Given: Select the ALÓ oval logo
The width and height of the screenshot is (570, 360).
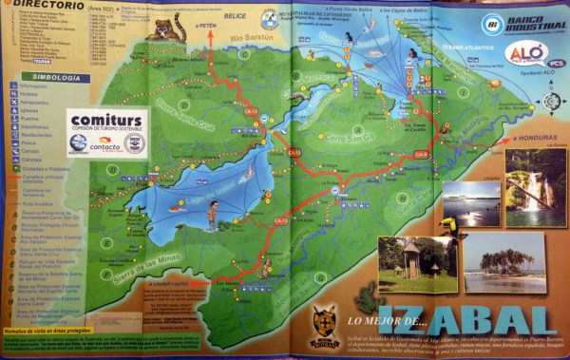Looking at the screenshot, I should tap(524, 52).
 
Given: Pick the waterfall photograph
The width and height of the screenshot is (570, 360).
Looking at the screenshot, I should tap(535, 188).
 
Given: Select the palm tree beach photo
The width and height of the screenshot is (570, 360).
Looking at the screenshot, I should tap(503, 263).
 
